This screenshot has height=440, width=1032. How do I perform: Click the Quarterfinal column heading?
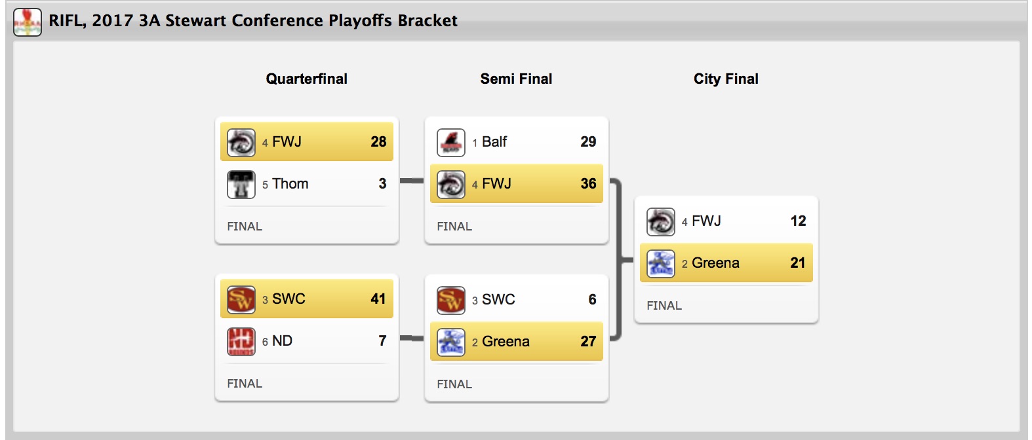pyautogui.click(x=306, y=79)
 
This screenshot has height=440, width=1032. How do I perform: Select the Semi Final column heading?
pyautogui.click(x=516, y=79)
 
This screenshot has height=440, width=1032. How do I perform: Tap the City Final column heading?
pyautogui.click(x=726, y=79)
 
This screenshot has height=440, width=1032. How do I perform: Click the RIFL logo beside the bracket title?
pyautogui.click(x=28, y=22)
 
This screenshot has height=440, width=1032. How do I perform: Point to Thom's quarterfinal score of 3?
pyautogui.click(x=382, y=184)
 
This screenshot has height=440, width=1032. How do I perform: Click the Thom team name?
pyautogui.click(x=290, y=184)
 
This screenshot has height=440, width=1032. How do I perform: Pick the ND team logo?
pyautogui.click(x=241, y=341)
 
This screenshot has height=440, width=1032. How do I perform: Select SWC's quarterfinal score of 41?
pyautogui.click(x=378, y=299)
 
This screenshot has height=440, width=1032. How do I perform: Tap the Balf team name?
pyautogui.click(x=494, y=142)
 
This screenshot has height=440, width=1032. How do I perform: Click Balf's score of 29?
pyautogui.click(x=588, y=142)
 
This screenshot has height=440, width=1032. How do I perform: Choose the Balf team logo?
pyautogui.click(x=450, y=142)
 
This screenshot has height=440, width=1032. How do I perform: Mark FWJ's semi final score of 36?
pyautogui.click(x=588, y=184)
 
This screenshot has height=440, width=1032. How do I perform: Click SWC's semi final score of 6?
pyautogui.click(x=592, y=300)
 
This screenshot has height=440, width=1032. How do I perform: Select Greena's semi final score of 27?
pyautogui.click(x=588, y=342)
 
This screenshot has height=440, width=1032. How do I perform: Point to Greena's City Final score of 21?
pyautogui.click(x=797, y=263)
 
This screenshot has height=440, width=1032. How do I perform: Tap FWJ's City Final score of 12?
pyautogui.click(x=798, y=221)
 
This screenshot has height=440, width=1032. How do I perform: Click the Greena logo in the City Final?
pyautogui.click(x=660, y=263)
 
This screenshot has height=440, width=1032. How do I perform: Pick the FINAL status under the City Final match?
pyautogui.click(x=664, y=306)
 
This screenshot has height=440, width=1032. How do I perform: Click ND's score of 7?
pyautogui.click(x=382, y=341)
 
